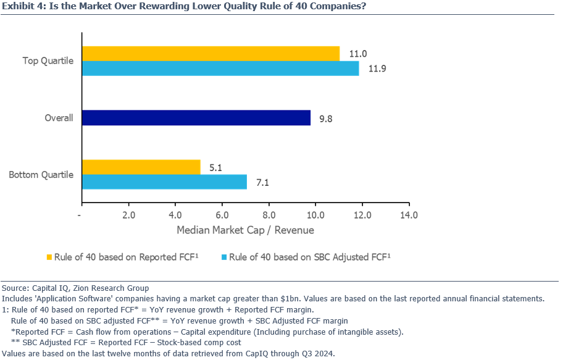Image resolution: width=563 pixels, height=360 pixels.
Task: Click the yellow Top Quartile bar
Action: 211,54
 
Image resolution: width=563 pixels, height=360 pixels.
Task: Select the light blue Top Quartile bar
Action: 220,69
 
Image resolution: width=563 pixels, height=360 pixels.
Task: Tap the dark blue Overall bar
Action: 196,117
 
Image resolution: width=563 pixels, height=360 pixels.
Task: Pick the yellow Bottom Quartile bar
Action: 141,167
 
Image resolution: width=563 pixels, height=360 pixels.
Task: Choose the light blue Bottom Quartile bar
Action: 164,182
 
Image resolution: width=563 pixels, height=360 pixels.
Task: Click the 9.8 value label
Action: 327,118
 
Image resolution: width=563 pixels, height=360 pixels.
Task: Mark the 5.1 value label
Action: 215,167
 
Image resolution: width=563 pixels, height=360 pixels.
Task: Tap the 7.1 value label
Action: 262,182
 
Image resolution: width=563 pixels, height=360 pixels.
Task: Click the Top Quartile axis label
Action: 48,61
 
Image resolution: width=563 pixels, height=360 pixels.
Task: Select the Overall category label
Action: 59,118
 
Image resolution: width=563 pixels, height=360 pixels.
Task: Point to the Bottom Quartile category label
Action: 41,175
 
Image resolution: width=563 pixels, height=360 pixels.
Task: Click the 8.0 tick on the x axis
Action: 269,215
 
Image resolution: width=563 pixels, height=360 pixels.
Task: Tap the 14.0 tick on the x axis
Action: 409,215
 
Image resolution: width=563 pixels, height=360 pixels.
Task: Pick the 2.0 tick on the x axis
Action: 128,215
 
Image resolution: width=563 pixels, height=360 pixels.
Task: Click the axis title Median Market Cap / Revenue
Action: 245,230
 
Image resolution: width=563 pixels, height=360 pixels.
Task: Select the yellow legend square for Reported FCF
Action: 49,257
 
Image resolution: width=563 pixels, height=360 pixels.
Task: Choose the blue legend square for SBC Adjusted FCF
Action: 223,257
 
